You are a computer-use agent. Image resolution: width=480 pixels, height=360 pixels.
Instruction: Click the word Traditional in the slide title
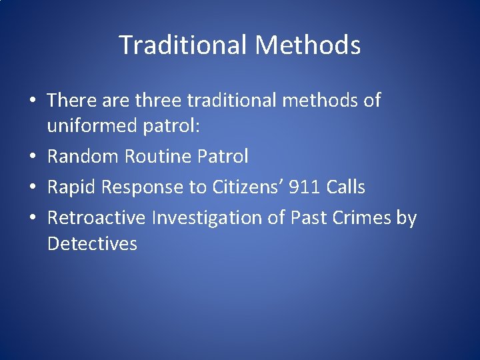[x=183, y=45]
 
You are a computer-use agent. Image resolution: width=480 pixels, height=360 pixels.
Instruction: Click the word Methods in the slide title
[x=307, y=45]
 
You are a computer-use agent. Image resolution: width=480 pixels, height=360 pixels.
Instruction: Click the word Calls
[x=346, y=188]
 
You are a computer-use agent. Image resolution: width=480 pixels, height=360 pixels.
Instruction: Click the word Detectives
[x=92, y=244]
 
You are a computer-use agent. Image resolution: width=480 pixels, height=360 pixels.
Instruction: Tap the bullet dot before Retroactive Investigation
[x=33, y=219]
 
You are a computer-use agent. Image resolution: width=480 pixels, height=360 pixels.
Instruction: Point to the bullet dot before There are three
[x=33, y=101]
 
